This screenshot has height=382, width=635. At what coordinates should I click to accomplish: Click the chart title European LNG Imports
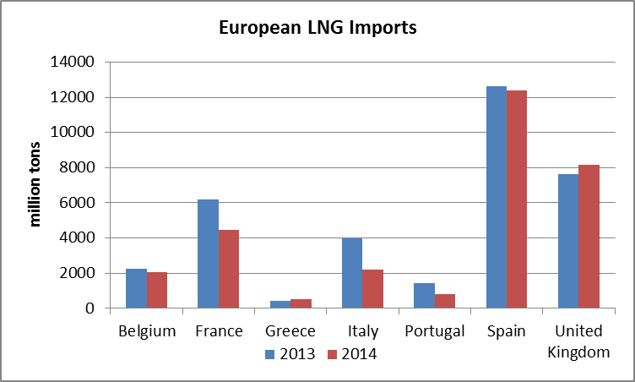click(317, 28)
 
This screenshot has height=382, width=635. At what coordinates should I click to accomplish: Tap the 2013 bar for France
click(208, 254)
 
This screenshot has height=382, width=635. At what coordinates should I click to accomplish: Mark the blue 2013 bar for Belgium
click(136, 288)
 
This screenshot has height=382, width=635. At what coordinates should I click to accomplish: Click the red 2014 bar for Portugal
click(445, 301)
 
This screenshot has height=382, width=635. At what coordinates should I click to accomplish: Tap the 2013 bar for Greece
click(280, 304)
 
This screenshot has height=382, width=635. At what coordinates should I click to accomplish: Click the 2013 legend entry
click(290, 354)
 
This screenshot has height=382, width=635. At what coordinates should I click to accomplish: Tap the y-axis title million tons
click(36, 185)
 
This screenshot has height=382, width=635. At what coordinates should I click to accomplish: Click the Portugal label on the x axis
click(434, 331)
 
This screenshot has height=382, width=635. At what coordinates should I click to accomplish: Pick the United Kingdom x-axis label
click(578, 341)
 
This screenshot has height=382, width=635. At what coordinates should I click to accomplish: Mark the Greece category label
click(290, 331)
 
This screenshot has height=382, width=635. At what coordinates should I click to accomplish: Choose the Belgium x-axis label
click(147, 331)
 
